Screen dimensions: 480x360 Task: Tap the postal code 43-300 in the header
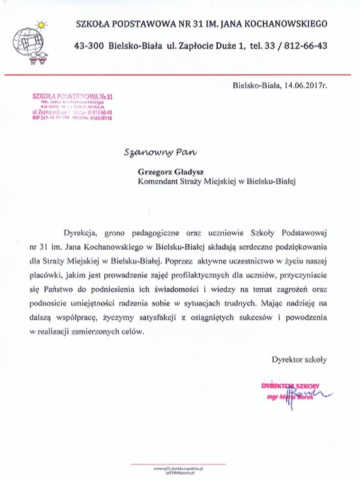pos(90,46)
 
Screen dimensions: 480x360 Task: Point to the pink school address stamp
pos(72,107)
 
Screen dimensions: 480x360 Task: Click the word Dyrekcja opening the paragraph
pos(80,233)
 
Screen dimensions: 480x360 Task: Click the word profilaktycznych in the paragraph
pos(207,274)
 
